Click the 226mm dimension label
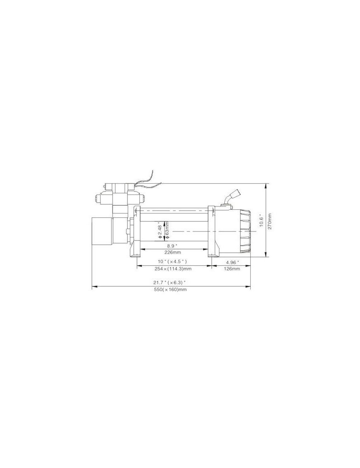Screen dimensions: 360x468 (x=173, y=252)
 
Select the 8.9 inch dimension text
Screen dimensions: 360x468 (x=172, y=245)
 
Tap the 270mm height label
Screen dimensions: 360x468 (x=269, y=221)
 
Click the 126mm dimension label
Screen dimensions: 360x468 (x=232, y=269)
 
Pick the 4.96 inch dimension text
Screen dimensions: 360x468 (x=233, y=262)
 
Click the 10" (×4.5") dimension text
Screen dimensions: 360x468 (x=173, y=262)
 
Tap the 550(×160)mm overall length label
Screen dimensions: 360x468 (x=170, y=290)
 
